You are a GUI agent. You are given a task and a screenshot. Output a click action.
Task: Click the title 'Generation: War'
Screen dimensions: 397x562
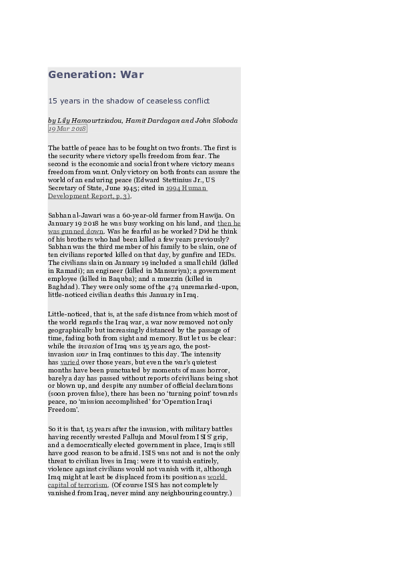tap(95, 75)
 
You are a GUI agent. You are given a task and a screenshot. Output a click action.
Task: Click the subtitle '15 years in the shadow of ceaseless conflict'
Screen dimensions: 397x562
tap(129, 101)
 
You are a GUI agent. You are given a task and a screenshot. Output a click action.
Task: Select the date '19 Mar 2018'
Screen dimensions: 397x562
tap(67, 128)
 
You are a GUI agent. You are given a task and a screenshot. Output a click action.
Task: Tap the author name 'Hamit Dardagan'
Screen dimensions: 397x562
tap(151, 120)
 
